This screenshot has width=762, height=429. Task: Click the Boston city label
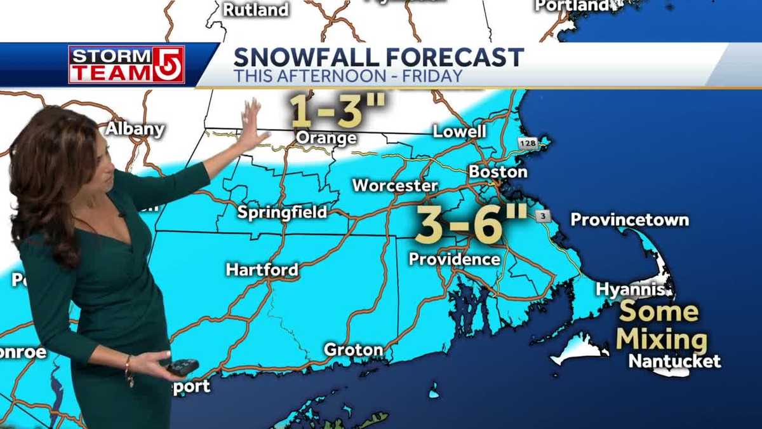tap(498, 172)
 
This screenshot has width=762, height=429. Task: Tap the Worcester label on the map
tap(395, 186)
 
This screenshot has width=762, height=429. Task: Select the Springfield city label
tap(282, 212)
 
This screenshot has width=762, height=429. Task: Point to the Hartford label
tap(262, 269)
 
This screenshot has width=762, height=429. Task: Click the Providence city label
tap(454, 259)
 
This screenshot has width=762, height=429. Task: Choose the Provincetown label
tap(629, 220)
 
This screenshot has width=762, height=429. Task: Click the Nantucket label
tap(674, 361)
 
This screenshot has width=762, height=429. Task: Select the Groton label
tap(353, 350)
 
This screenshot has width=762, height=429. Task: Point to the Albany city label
tap(135, 129)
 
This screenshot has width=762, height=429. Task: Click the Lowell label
tap(459, 132)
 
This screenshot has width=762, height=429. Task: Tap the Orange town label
tap(326, 138)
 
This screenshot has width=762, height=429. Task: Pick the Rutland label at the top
tap(255, 10)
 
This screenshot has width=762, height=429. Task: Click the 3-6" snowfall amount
tap(471, 224)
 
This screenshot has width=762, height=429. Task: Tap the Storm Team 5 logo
tap(126, 64)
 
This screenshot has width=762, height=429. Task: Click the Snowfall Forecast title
tap(378, 57)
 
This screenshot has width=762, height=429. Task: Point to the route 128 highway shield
tap(527, 143)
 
